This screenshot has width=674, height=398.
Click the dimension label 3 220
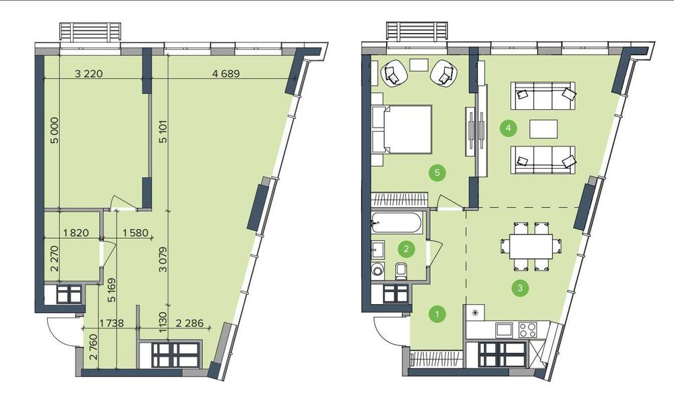pyautogui.click(x=89, y=74)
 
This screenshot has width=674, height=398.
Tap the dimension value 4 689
pyautogui.click(x=226, y=74)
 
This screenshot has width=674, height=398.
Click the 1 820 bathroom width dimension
pyautogui.click(x=75, y=233)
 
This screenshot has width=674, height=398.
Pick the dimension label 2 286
pyautogui.click(x=189, y=322)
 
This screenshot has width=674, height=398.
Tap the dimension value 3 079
pyautogui.click(x=162, y=260)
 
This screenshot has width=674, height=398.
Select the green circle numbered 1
pyautogui.click(x=437, y=314)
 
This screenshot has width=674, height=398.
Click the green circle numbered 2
pyautogui.click(x=406, y=248)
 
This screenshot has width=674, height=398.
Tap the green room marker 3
pyautogui.click(x=520, y=288)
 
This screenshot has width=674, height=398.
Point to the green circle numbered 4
pyautogui.click(x=508, y=127)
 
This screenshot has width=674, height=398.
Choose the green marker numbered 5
pyautogui.click(x=437, y=173)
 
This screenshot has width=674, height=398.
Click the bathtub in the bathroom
pyautogui.click(x=398, y=223)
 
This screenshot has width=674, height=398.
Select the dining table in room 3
pyautogui.click(x=531, y=246)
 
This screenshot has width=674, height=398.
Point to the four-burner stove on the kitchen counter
pyautogui.click(x=528, y=330)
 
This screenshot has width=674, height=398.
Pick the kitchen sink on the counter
pyautogui.click(x=503, y=330)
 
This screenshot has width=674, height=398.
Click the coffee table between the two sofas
pyautogui.click(x=544, y=129)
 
